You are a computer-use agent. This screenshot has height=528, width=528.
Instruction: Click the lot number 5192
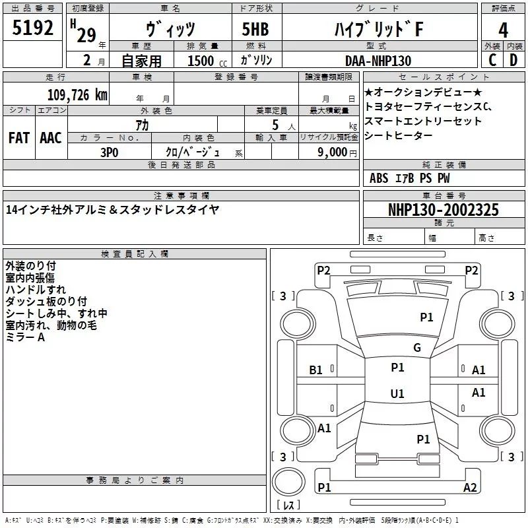pos(34,30)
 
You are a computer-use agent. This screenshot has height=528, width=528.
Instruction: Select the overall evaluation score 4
pos(503,30)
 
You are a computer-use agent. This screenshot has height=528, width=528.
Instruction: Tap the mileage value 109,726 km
pos(77,94)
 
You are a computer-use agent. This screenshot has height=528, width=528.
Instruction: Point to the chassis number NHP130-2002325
pos(443,210)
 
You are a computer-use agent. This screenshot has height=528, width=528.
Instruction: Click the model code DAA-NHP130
pos(378,61)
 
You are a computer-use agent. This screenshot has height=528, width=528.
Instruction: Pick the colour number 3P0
pos(110,152)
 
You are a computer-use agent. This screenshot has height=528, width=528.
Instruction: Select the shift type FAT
pos(18,137)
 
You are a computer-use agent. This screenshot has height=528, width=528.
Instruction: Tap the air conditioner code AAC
pos(50,137)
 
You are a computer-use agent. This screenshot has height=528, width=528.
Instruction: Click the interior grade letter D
pos(513,60)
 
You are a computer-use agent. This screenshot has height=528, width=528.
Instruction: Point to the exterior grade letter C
pos(492,60)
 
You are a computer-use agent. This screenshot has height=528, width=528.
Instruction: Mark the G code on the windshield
pos(416,348)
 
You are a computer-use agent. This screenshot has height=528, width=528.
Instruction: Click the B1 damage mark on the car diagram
pos(316,370)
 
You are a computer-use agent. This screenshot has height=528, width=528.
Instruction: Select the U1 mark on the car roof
pos(397,393)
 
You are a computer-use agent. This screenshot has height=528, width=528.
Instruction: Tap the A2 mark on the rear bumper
pos(470,488)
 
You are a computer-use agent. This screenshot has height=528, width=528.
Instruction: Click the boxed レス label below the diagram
pos(288,505)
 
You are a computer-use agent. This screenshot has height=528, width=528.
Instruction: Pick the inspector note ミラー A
pos(25,337)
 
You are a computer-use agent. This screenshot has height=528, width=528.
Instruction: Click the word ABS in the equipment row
pos(379,178)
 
